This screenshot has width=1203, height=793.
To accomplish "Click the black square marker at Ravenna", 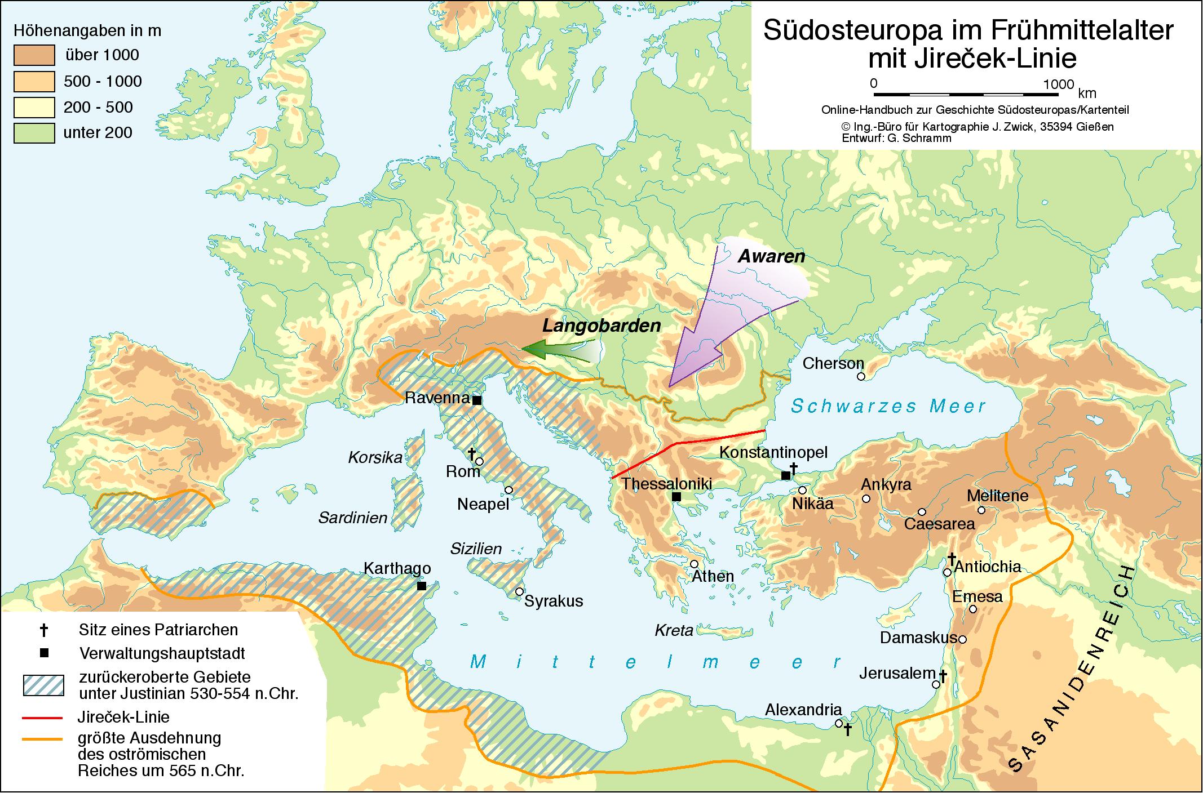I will tap(476, 400).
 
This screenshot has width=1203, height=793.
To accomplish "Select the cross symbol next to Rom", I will tap(472, 453).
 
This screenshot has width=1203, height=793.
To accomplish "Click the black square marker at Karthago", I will tap(421, 586).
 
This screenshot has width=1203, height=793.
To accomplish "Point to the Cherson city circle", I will tap(860, 376).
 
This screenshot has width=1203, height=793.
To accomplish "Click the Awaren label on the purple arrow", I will tap(771, 257).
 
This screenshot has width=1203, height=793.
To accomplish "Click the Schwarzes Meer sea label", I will tap(888, 406).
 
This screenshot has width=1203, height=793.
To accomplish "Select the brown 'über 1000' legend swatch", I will tap(34, 55).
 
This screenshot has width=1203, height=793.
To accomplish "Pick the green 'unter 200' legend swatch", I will tap(34, 133).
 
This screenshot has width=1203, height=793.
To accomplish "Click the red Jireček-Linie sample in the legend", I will tap(42, 718).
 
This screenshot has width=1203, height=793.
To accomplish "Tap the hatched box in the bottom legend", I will tap(43, 685).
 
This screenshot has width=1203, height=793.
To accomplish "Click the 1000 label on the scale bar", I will tap(1058, 84).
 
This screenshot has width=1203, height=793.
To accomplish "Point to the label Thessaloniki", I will tap(666, 484).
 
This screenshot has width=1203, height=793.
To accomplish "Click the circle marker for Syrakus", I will tap(519, 592).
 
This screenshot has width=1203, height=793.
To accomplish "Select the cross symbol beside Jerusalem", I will tap(942, 676).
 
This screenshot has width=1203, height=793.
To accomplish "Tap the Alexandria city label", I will tap(803, 711).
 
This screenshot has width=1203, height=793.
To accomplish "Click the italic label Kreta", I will tap(674, 630).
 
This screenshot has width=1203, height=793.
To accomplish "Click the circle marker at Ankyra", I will tap(866, 498).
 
